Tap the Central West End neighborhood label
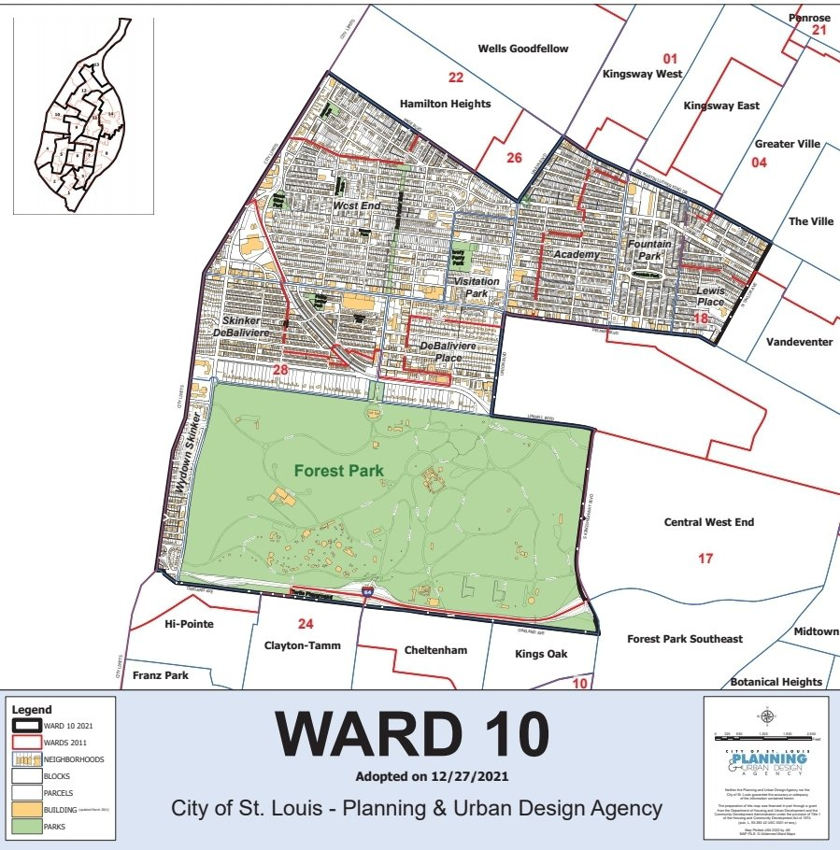point(707,522)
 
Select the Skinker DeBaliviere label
point(247,326)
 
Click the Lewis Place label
point(710,296)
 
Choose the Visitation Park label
point(477,287)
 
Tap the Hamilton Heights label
point(445,104)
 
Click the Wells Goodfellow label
point(522,49)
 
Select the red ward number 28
point(280,372)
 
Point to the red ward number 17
point(705,559)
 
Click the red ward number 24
point(304,624)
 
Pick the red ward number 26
point(514,157)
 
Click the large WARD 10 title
point(411,735)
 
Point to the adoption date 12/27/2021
point(418,776)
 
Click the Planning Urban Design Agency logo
point(765,762)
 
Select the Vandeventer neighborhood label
point(798,342)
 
